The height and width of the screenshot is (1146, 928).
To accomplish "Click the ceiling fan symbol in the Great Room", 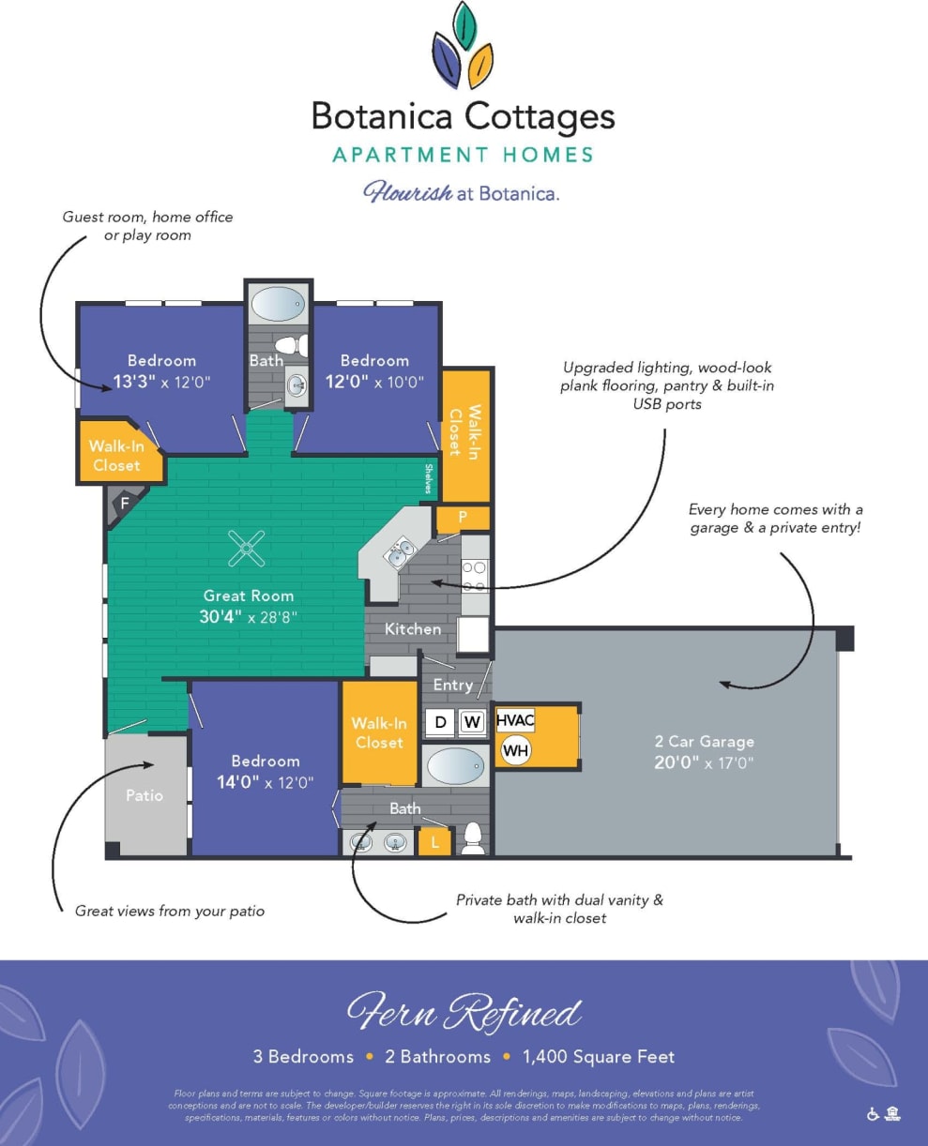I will [x=247, y=549].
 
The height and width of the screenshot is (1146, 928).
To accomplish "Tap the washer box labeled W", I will [x=472, y=722].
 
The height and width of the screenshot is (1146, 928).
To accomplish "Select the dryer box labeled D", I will [x=440, y=722].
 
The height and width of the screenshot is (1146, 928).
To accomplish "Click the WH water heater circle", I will [x=515, y=750].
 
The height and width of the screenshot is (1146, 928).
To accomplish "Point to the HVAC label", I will [x=515, y=720].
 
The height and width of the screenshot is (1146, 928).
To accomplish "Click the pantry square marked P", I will [x=463, y=518].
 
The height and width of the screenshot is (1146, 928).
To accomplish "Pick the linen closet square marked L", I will [x=434, y=841].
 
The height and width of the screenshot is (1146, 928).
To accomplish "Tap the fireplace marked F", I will [x=123, y=504].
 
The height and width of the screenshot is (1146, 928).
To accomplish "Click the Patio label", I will [x=145, y=795].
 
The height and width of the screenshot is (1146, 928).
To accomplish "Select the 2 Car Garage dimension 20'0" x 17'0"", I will [x=705, y=762].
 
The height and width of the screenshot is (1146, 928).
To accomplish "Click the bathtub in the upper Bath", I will [x=279, y=304].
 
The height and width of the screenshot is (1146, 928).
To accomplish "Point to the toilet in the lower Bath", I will [x=473, y=837].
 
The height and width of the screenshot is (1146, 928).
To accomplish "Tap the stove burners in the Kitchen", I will [x=475, y=574].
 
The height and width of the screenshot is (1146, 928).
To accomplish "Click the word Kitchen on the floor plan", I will [x=413, y=628].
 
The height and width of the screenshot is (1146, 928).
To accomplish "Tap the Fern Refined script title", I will [x=464, y=1013].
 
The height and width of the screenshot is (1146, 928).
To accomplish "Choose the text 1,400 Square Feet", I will [x=598, y=1057].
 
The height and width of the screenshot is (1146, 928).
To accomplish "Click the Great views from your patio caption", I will [x=170, y=911].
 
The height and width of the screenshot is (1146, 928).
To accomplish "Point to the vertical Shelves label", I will [x=429, y=478].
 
